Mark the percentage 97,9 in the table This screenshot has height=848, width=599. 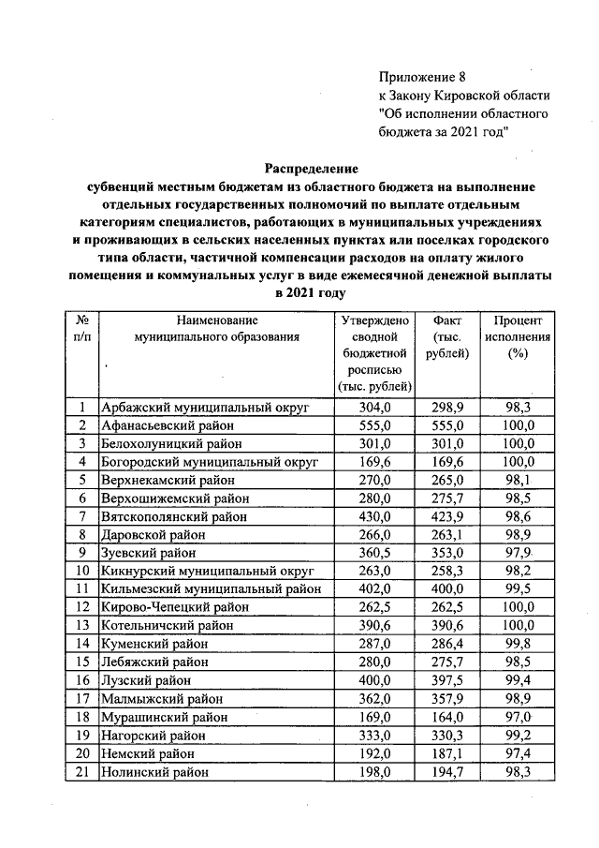[x=518, y=553]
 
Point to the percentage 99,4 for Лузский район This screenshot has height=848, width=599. [x=518, y=680]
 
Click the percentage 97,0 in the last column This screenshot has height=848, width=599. [x=518, y=717]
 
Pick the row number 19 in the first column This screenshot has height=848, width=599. [x=82, y=735]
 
